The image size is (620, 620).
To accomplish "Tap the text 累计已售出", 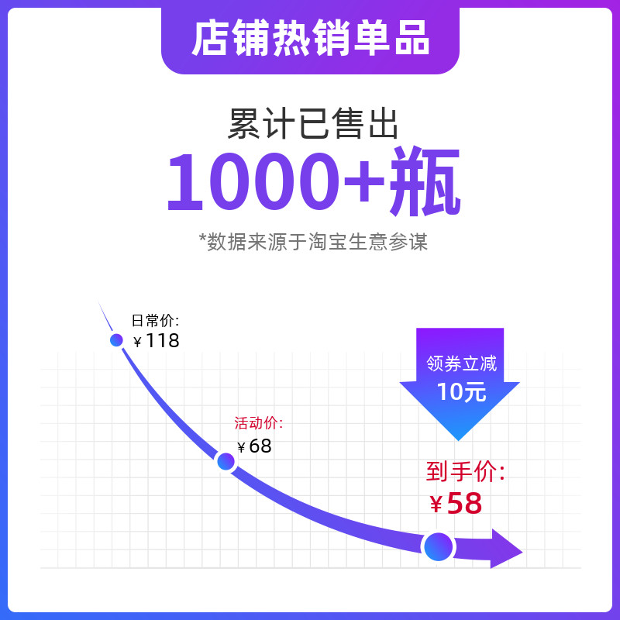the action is click(313, 124).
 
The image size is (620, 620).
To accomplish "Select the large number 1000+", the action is click(275, 183).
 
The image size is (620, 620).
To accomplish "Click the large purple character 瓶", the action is click(425, 183).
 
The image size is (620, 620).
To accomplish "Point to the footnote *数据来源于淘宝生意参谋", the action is click(313, 242).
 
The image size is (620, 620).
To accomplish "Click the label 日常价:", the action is click(155, 320).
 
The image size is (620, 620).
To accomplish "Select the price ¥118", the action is click(157, 340).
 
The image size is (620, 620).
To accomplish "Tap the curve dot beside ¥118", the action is click(116, 339).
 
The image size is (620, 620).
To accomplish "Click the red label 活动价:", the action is click(259, 423).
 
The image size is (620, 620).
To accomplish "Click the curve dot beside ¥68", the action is click(226, 461).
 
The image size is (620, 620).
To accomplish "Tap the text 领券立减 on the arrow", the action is click(461, 363).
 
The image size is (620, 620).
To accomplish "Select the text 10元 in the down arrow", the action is click(461, 391).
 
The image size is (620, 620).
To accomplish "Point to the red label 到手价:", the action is click(465, 471).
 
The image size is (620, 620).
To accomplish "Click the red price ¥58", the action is click(456, 504).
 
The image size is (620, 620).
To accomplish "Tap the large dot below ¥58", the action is click(438, 546).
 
